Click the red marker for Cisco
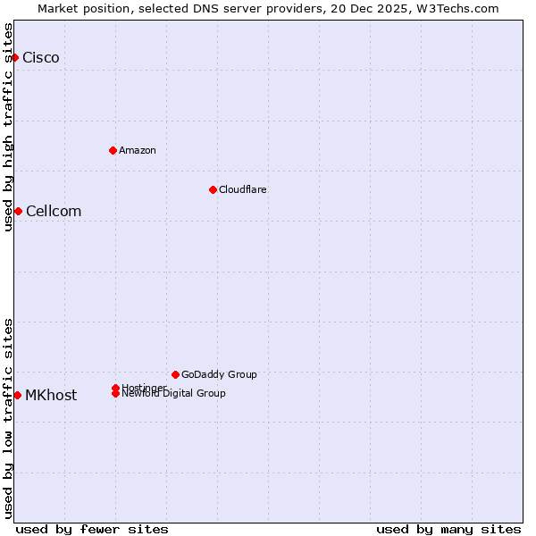tap(14, 57)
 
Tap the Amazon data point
tap(113, 150)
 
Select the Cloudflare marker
tap(213, 189)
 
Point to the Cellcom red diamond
tap(18, 211)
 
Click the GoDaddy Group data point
tap(175, 374)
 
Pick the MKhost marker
tap(17, 395)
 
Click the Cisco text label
tap(41, 58)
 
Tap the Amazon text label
tap(138, 150)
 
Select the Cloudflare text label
tap(243, 189)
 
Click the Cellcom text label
tap(54, 212)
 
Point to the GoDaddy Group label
tap(219, 374)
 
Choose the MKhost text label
tap(51, 396)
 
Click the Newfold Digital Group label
tap(173, 394)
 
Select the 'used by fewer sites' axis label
tap(92, 529)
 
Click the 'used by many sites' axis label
tap(448, 529)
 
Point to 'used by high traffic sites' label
tap(8, 127)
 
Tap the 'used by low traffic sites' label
tap(8, 418)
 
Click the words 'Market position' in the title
tap(79, 8)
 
